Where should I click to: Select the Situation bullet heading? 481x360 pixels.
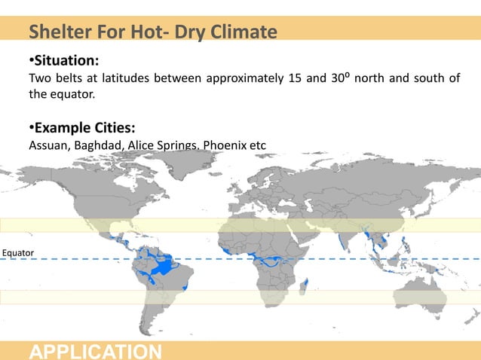click(x=63, y=59)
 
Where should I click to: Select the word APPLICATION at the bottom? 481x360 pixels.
click(x=95, y=351)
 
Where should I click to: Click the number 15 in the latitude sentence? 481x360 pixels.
click(x=296, y=79)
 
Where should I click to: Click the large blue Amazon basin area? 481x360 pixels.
click(x=161, y=267)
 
